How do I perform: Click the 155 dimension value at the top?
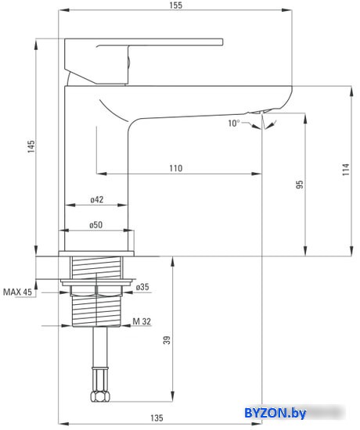(176, 5)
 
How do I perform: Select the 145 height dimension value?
(31, 147)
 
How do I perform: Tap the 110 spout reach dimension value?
(176, 168)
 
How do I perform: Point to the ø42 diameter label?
(97, 199)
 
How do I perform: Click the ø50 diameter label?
(95, 225)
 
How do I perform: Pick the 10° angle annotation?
(234, 123)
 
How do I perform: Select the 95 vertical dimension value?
(300, 184)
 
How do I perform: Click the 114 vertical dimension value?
(346, 170)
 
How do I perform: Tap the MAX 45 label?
(17, 292)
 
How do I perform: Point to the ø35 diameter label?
(142, 287)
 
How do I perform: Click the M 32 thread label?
(142, 321)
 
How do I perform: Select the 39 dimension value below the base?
(167, 340)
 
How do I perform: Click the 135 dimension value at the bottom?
(157, 418)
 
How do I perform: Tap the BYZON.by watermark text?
(275, 413)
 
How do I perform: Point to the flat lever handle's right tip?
(222, 42)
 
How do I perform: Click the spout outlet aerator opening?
(258, 112)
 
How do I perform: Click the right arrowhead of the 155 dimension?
(287, 10)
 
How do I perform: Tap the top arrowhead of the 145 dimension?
(36, 45)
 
